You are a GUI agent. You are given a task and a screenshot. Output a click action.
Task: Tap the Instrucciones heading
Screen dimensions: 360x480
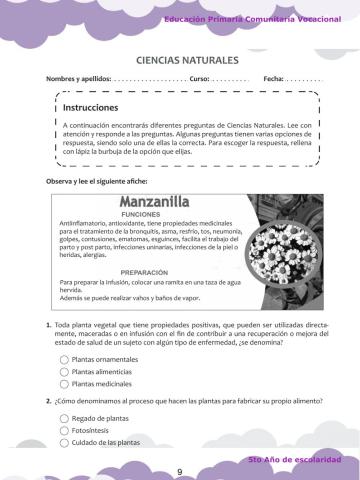pos(91,107)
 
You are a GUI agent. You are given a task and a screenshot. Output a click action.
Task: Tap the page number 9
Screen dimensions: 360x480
pos(180,472)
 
